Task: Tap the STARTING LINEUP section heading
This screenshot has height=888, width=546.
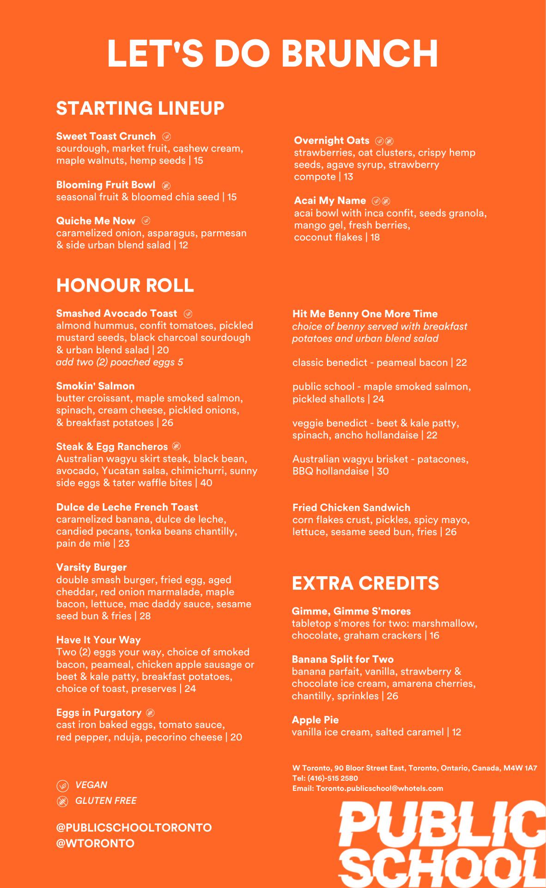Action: pyautogui.click(x=140, y=108)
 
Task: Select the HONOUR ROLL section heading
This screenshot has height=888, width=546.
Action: pyautogui.click(x=125, y=285)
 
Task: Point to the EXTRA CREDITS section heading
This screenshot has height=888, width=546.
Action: pyautogui.click(x=365, y=583)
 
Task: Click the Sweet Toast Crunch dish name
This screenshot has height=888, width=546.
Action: pyautogui.click(x=106, y=136)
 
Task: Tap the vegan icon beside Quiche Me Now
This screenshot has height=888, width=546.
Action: pyautogui.click(x=146, y=221)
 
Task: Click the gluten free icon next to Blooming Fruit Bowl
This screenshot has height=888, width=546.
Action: pyautogui.click(x=166, y=185)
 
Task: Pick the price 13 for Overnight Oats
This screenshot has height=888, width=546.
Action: pyautogui.click(x=348, y=177)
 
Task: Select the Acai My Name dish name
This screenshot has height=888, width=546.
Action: pyautogui.click(x=330, y=201)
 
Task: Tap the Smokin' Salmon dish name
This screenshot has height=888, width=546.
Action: pyautogui.click(x=95, y=386)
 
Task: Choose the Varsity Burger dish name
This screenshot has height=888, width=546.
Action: pyautogui.click(x=91, y=567)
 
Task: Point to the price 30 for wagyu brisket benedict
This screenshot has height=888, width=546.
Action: pyautogui.click(x=382, y=471)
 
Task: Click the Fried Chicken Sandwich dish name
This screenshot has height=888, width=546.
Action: pyautogui.click(x=351, y=507)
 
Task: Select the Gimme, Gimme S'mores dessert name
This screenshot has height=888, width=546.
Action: pyautogui.click(x=351, y=611)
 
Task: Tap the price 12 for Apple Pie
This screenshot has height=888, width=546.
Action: pyautogui.click(x=456, y=732)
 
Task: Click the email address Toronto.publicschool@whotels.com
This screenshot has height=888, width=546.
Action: pyautogui.click(x=379, y=788)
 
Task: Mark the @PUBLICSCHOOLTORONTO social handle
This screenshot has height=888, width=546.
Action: pyautogui.click(x=134, y=827)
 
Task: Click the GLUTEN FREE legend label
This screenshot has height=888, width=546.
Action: pyautogui.click(x=106, y=801)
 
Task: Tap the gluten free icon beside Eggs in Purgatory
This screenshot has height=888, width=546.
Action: pyautogui.click(x=150, y=713)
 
